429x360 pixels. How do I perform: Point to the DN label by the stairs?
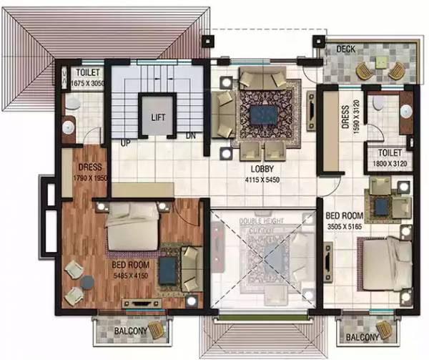point(191,136)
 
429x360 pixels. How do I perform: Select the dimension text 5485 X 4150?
point(130,274)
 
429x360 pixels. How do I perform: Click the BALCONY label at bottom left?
point(130,331)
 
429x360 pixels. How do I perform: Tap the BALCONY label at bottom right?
point(363,337)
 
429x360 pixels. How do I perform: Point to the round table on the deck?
point(378,69)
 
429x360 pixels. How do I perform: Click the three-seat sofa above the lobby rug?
point(262,78)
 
